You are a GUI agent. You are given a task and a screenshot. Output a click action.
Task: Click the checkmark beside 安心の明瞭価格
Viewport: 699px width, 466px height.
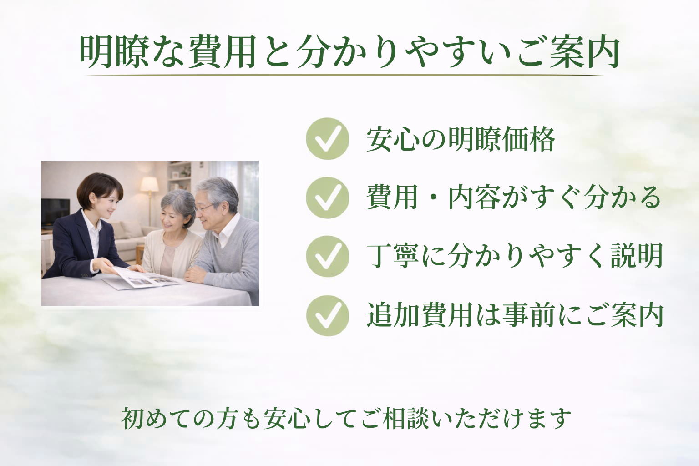pos(327,139)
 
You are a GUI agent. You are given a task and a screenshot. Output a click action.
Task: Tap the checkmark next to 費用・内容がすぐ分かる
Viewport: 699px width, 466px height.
pos(327,198)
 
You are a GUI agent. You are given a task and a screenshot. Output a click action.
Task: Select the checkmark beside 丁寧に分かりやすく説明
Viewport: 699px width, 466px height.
pos(327,257)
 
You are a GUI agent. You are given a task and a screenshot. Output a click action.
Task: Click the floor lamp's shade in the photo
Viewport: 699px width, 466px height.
pos(149,184)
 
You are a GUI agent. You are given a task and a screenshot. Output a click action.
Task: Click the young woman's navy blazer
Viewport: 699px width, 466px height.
pos(73,246)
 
